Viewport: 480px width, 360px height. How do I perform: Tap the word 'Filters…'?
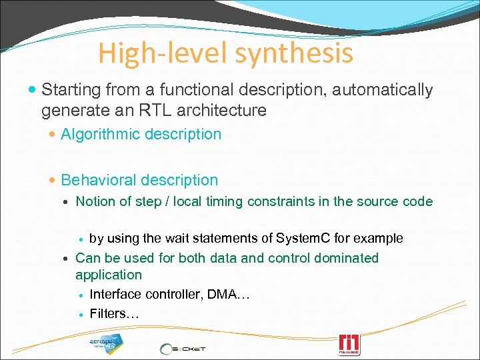pos(114,313)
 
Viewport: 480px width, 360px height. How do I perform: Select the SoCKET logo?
pos(183,348)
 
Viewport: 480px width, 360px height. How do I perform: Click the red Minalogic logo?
pos(349,345)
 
